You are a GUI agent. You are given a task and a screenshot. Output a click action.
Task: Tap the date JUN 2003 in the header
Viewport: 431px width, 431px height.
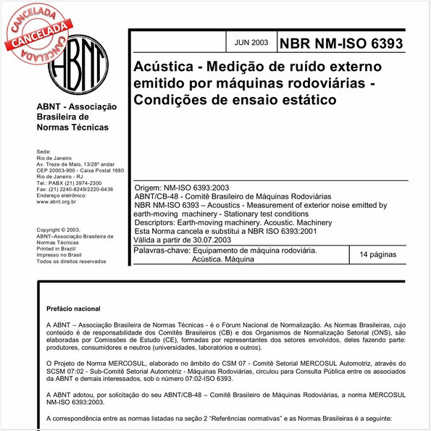coord(251,42)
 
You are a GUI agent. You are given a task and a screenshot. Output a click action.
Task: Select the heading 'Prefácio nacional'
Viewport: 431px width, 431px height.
coord(72,309)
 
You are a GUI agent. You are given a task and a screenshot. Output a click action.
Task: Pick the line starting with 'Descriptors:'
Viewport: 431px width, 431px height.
coord(232,223)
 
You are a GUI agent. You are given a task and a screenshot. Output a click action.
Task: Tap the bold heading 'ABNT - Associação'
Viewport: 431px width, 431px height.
coord(75,105)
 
